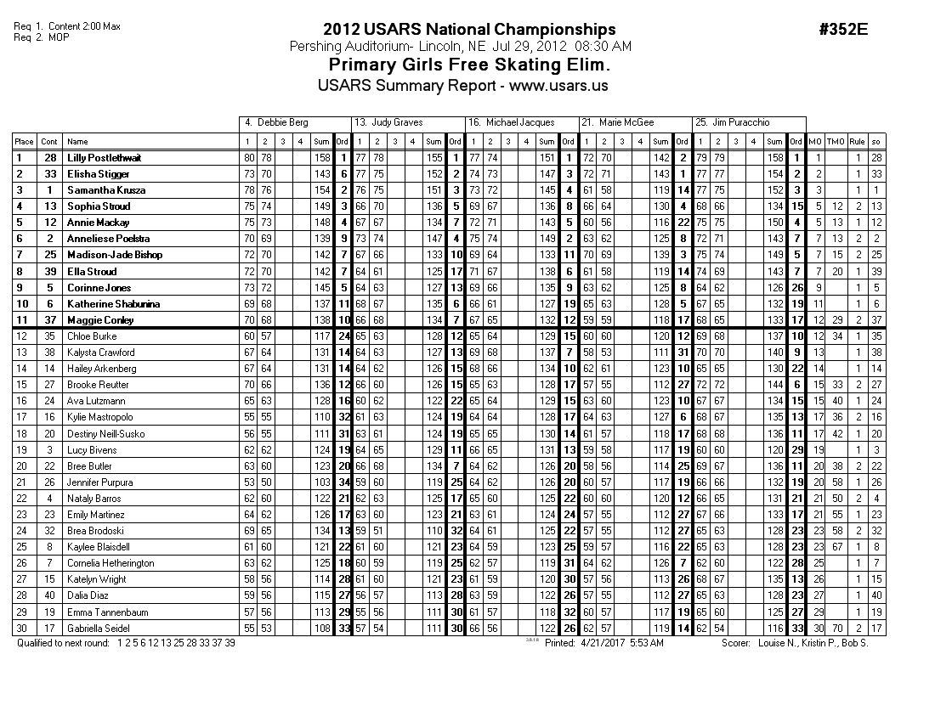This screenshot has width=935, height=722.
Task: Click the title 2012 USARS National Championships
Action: [469, 31]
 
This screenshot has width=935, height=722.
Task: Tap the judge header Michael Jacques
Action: [519, 123]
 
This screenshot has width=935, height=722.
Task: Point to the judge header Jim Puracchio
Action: [742, 123]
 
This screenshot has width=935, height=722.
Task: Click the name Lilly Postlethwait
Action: [105, 158]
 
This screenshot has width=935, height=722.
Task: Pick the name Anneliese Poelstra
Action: [109, 239]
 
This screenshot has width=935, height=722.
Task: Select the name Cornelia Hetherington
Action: [110, 563]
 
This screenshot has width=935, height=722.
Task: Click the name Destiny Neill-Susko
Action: [105, 433]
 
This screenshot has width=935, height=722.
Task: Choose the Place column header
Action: [24, 142]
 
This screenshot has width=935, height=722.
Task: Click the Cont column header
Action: [50, 142]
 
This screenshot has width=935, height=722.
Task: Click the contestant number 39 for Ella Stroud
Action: [50, 272]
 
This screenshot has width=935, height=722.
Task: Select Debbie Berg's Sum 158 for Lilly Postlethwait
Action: [321, 158]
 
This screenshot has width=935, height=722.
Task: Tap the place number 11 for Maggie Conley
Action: [24, 320]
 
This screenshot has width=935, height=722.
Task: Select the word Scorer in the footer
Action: [734, 643]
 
